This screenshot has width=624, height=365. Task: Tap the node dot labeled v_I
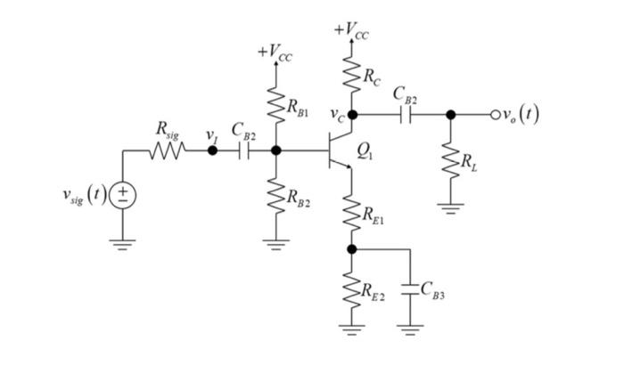pyautogui.click(x=212, y=151)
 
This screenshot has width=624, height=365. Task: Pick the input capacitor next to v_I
pyautogui.click(x=244, y=151)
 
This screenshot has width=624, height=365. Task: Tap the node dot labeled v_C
pyautogui.click(x=352, y=114)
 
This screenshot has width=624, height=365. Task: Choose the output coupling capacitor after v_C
pyautogui.click(x=405, y=114)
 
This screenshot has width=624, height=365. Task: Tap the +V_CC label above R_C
pyautogui.click(x=352, y=32)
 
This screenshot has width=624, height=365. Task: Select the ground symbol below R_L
pyautogui.click(x=451, y=209)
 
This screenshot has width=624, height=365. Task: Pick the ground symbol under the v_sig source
pyautogui.click(x=122, y=243)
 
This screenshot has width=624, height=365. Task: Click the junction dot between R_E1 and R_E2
pyautogui.click(x=352, y=248)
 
